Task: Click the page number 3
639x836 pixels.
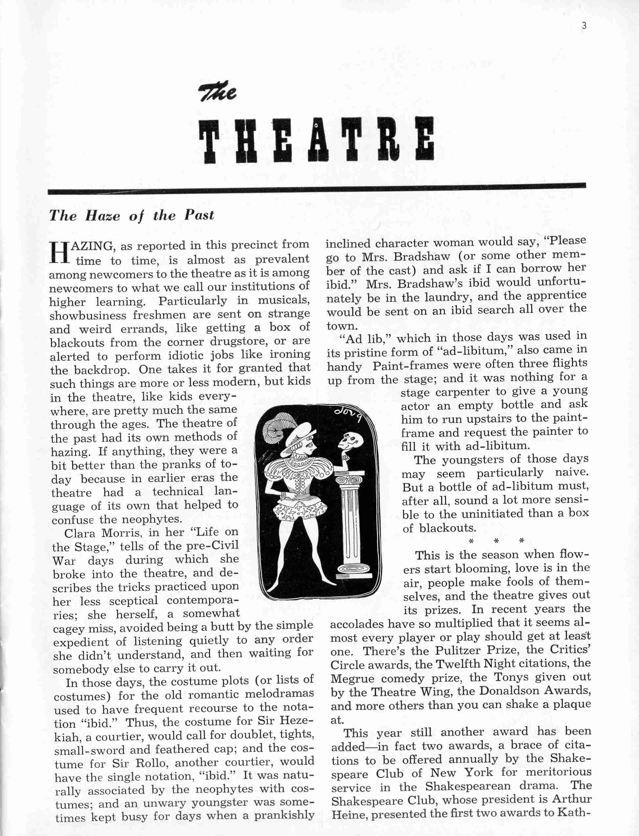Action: pyautogui.click(x=584, y=26)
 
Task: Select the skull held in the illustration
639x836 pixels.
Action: pyautogui.click(x=350, y=442)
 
